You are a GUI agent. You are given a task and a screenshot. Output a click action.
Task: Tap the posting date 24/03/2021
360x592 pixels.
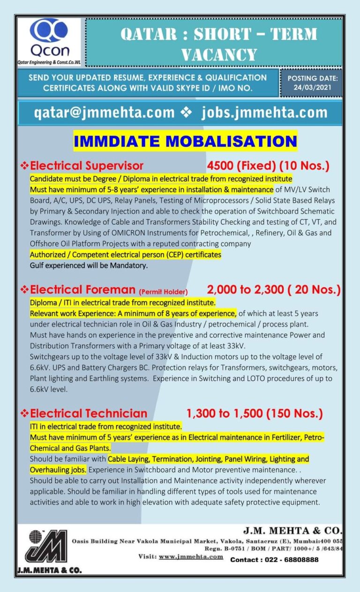click(x=312, y=87)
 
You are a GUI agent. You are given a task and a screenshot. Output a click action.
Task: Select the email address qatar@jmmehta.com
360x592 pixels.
click(x=104, y=113)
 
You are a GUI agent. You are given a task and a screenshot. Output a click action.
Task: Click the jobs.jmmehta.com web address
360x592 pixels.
click(x=264, y=113)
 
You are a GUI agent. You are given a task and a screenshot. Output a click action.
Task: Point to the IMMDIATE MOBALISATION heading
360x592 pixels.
click(x=185, y=141)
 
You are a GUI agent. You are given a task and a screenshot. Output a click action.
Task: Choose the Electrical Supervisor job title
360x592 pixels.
click(x=87, y=166)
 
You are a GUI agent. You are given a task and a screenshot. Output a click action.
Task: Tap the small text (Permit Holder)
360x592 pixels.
click(x=163, y=291)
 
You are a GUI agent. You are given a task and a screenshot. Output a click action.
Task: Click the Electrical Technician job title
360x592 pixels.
click(x=88, y=414)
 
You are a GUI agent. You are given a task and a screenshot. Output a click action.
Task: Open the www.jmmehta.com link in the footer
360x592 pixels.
click(x=191, y=556)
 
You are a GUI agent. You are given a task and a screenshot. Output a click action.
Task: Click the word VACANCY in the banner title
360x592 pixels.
click(x=219, y=54)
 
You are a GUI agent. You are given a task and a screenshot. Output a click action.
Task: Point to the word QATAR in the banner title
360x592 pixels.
click(x=150, y=34)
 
